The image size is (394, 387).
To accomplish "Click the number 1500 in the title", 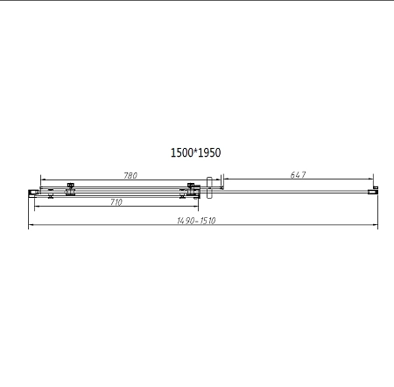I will pos(181,152).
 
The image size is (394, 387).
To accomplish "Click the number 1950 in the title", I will pos(209,152).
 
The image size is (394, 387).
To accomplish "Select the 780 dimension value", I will pos(130,176).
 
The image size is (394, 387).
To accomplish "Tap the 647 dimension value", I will pos(298,176).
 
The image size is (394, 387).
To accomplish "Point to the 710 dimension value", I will pos(116,202).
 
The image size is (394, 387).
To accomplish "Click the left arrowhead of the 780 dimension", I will pos(43,181).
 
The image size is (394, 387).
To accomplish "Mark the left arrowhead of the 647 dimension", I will pos(222,181).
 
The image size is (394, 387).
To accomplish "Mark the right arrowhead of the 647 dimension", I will pos(374,181).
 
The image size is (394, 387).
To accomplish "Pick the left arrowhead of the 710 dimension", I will pos(36,208).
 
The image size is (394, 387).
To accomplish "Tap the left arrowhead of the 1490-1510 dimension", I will pos(32,226).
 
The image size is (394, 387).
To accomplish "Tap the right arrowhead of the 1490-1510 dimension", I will pos(376,226).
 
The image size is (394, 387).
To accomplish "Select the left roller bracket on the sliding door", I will pos(69,189).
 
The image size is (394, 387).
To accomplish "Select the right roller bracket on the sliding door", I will pos(191,189).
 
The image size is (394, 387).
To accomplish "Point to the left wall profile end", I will pos(32,190).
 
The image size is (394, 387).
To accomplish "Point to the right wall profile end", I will pos(375,188).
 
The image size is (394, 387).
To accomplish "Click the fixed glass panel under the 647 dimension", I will pos(298,189).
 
